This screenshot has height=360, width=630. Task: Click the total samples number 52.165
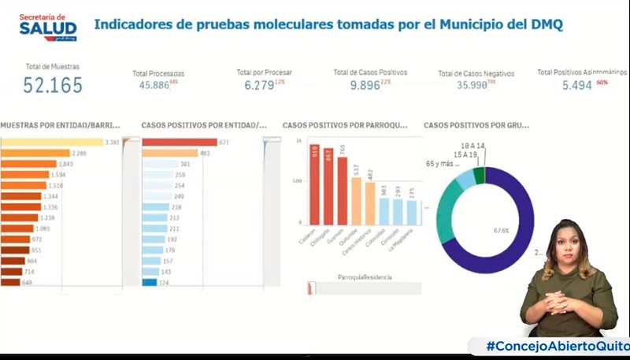click(53, 86)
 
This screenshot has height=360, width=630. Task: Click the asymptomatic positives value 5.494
click(576, 84)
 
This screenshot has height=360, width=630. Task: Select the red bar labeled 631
click(179, 142)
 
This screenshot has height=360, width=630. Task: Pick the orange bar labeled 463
click(169, 153)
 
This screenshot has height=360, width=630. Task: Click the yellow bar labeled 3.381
click(52, 142)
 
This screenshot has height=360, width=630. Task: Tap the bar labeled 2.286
click(35, 153)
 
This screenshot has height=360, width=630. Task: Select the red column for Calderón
click(314, 185)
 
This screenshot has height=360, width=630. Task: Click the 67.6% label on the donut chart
click(501, 231)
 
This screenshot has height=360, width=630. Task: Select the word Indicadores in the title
click(133, 24)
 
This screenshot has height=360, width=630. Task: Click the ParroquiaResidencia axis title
click(365, 277)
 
